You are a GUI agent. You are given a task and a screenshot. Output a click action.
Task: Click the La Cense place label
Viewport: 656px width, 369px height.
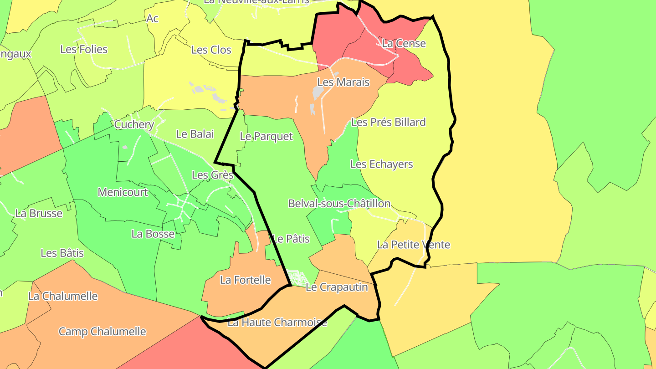pos(404,44)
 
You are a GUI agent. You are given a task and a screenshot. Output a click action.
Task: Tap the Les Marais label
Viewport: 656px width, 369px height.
pos(343,82)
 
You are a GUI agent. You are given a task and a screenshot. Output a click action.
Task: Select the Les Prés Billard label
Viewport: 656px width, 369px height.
pos(389,123)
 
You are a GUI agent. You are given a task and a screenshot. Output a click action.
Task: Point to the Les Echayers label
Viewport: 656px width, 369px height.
pos(382,164)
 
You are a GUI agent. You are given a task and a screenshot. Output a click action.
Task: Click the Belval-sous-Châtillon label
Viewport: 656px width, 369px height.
pos(339,204)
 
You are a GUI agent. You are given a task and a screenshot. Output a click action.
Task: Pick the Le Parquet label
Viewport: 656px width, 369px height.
pos(266,136)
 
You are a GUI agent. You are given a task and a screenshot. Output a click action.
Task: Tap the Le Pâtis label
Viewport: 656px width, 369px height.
pos(291,239)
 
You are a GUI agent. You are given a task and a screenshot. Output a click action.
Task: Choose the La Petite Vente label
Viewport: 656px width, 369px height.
pos(414,245)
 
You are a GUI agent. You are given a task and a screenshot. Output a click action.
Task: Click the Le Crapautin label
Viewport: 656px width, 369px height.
pos(337,287)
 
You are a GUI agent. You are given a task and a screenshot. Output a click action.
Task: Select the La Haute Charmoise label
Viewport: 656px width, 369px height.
pos(277,323)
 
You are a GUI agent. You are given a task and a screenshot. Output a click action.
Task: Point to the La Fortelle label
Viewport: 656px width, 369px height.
pos(246,280)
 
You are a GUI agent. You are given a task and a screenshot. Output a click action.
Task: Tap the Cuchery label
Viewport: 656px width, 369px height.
pos(134,125)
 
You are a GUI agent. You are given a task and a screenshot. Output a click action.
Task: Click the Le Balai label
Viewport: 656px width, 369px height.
pos(195,134)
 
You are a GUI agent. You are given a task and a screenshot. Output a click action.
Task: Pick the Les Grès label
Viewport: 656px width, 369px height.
pos(213,175)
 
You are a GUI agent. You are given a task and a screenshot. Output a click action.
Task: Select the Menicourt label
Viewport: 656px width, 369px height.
pos(123,192)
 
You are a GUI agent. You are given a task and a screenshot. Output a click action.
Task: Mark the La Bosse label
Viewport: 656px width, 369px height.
pos(153,234)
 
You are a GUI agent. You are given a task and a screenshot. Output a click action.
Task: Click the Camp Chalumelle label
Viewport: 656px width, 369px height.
pos(102,332)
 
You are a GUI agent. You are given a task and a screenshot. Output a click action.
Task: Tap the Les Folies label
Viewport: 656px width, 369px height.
pos(84,49)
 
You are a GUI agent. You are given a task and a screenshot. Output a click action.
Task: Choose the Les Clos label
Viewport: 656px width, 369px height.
pos(211,50)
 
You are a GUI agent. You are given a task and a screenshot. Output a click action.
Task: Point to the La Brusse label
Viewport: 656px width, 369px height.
pos(39,213)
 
